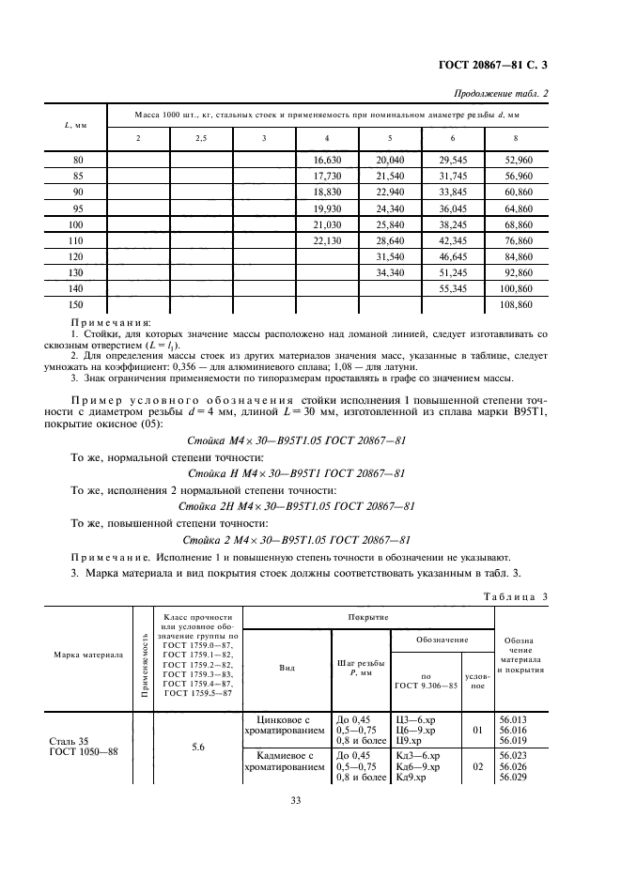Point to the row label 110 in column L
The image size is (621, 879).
[78, 240]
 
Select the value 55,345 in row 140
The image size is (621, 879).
[453, 289]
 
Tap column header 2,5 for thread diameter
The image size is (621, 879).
[201, 138]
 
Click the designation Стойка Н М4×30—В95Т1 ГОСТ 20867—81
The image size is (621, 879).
[296, 472]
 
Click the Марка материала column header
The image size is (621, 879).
[88, 655]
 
